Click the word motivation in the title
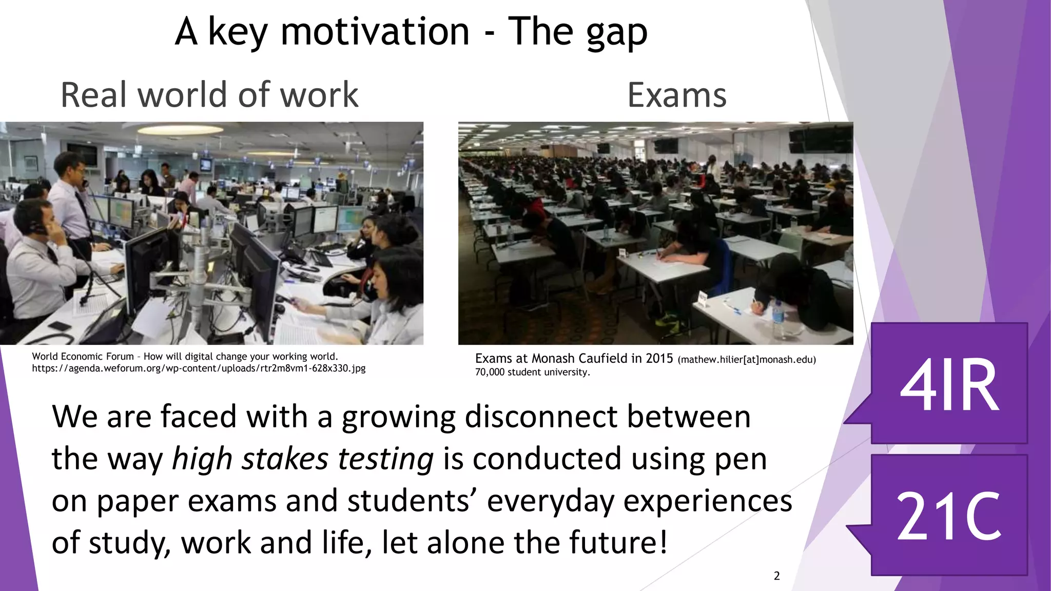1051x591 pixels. [375, 32]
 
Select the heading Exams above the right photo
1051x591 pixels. [676, 96]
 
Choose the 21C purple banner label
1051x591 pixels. [949, 516]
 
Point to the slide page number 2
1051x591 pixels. [776, 576]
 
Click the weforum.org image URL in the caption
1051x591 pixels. [199, 368]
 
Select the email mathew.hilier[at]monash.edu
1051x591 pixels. [747, 360]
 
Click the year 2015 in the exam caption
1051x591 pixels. [659, 359]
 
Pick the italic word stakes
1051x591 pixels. [285, 458]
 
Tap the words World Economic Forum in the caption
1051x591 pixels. [83, 357]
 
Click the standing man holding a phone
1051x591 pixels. [72, 190]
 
